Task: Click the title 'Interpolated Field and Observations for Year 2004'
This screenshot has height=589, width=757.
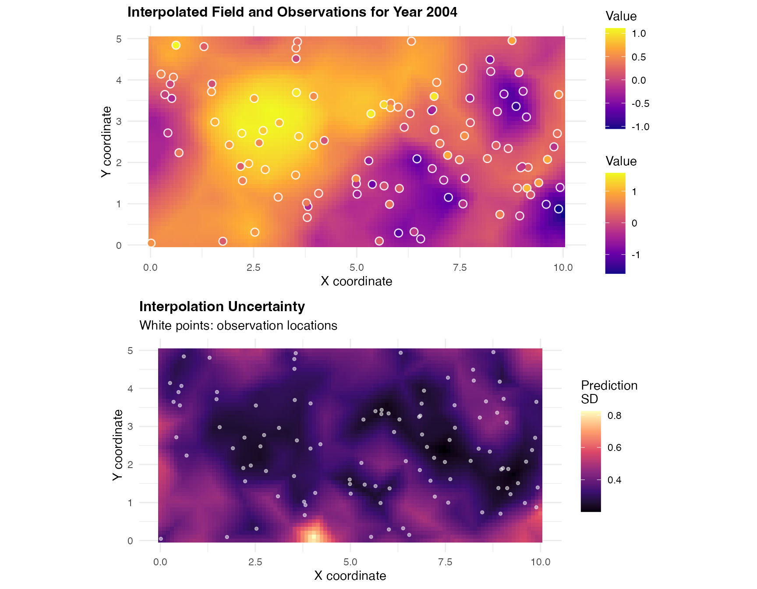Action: click(x=292, y=12)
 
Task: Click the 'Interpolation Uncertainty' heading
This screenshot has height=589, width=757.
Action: click(x=222, y=307)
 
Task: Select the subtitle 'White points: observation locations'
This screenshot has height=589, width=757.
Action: click(x=238, y=326)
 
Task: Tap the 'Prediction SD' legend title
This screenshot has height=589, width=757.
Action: click(x=609, y=392)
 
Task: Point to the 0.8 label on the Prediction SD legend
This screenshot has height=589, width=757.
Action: click(x=614, y=416)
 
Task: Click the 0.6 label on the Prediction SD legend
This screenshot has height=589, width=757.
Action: click(x=614, y=448)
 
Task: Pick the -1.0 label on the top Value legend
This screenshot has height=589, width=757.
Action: click(x=640, y=127)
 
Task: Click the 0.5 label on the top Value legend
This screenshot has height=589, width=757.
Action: click(x=638, y=57)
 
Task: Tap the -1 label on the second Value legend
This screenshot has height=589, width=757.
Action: click(x=636, y=255)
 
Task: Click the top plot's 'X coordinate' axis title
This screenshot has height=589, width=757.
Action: click(x=356, y=281)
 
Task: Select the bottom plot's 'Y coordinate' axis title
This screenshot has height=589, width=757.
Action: click(x=117, y=445)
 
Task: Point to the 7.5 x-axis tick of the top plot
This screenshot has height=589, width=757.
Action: click(x=460, y=268)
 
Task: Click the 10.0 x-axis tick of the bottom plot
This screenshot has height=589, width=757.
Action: click(x=540, y=562)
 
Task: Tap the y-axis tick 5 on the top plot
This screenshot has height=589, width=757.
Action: click(x=119, y=39)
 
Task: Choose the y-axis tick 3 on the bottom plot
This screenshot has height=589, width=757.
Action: click(x=130, y=426)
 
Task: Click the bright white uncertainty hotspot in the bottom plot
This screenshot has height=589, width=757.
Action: click(x=312, y=536)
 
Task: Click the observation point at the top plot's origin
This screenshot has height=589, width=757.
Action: click(x=151, y=243)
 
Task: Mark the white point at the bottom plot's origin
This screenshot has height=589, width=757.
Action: click(x=161, y=539)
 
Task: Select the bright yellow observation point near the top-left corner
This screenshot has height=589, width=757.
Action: click(x=176, y=45)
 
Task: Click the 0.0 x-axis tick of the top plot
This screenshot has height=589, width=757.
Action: click(x=150, y=268)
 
